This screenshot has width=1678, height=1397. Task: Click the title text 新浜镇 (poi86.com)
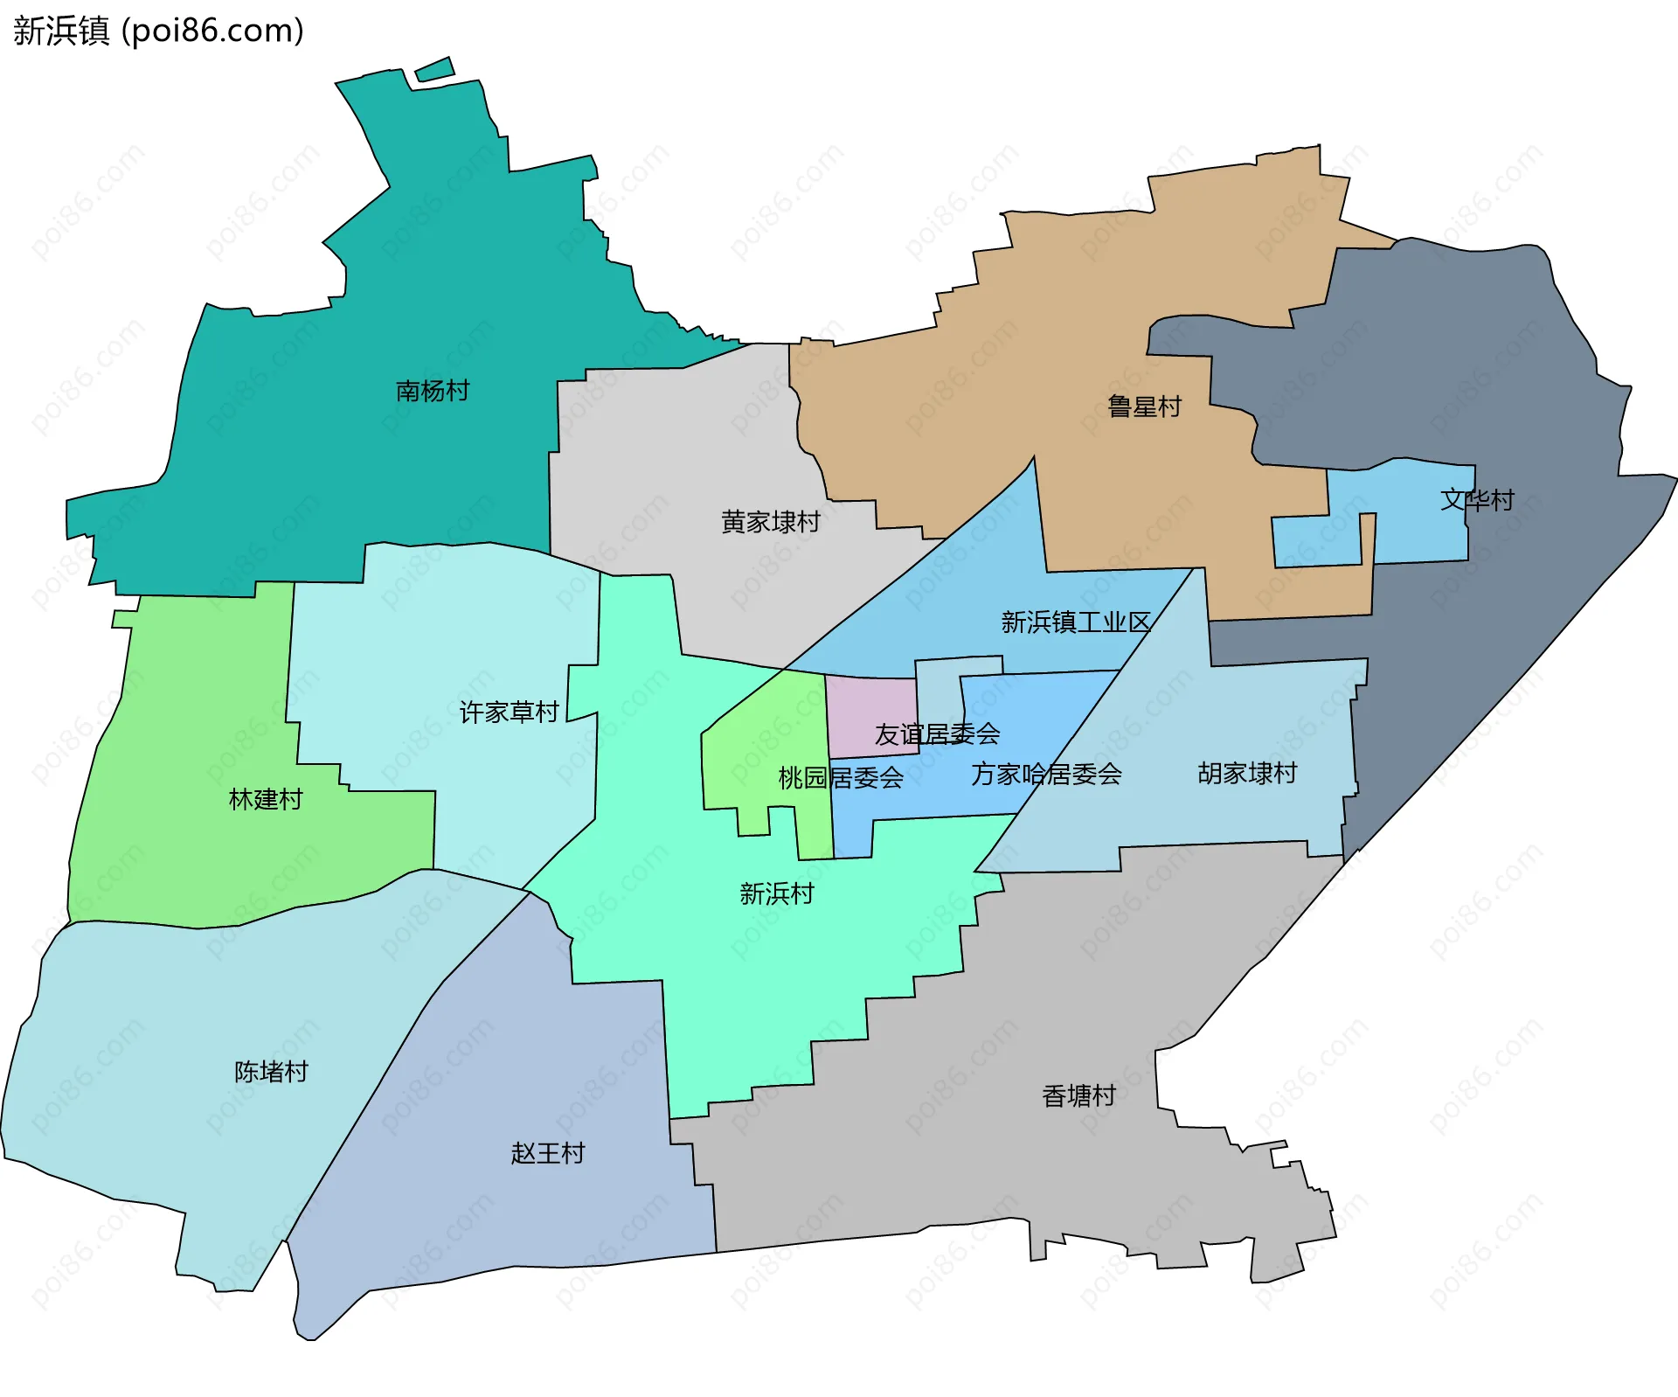[x=158, y=31]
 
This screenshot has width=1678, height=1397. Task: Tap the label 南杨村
[x=433, y=391]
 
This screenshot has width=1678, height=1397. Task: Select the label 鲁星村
[x=1144, y=407]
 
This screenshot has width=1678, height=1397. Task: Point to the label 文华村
[x=1477, y=500]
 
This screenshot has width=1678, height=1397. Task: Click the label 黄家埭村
[x=770, y=522]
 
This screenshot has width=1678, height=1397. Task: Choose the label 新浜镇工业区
[x=1076, y=622]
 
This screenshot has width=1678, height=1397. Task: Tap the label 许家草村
[x=510, y=712]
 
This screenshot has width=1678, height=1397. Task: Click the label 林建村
[x=266, y=799]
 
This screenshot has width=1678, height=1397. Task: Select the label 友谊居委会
[x=937, y=734]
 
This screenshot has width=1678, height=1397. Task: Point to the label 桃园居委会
[x=841, y=777]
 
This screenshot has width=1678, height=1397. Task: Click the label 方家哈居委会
[x=1046, y=774]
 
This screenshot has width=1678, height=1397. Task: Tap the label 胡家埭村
[x=1247, y=773]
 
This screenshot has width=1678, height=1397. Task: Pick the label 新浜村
[x=776, y=893]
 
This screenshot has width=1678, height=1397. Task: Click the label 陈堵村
[x=271, y=1072]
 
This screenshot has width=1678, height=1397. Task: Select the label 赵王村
[x=548, y=1153]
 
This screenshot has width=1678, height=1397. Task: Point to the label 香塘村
[x=1078, y=1095]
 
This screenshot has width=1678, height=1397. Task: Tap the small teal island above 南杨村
[x=434, y=69]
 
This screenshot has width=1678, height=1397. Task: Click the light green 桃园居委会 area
[x=769, y=743]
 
